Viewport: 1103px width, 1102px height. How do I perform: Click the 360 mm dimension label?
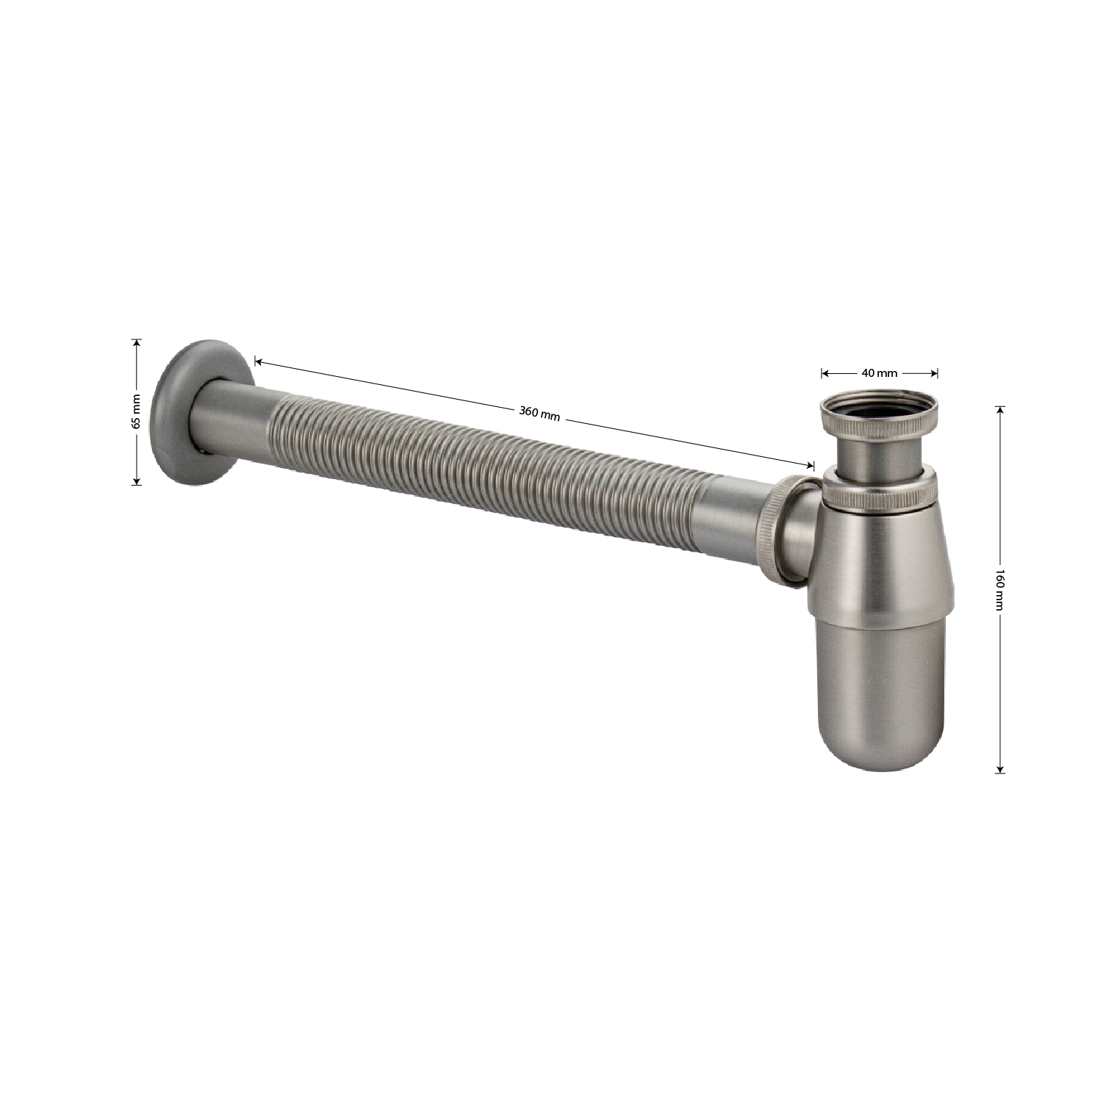(540, 414)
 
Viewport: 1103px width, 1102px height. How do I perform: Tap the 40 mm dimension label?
(880, 373)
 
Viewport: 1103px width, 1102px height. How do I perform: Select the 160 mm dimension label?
(999, 588)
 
